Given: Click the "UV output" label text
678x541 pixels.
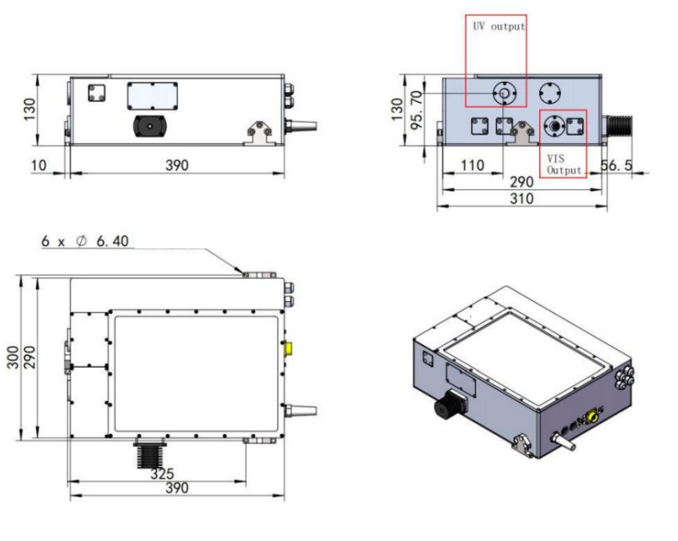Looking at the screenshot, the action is pyautogui.click(x=499, y=27).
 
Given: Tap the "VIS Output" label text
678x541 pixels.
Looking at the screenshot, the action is pyautogui.click(x=564, y=164).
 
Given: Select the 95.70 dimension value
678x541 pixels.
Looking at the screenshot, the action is pyautogui.click(x=416, y=110).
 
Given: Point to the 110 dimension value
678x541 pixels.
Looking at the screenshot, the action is pyautogui.click(x=472, y=165).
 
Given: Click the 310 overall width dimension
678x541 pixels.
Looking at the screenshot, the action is pyautogui.click(x=522, y=198).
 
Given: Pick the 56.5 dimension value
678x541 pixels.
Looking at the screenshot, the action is pyautogui.click(x=617, y=165).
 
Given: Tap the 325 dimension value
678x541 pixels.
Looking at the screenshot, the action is pyautogui.click(x=162, y=474).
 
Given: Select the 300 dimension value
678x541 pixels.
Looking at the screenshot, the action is pyautogui.click(x=13, y=357).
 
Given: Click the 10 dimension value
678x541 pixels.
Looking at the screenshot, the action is pyautogui.click(x=39, y=165).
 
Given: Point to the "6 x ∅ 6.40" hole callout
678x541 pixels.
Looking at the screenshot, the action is pyautogui.click(x=85, y=241).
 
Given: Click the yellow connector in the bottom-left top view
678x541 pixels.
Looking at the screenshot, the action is pyautogui.click(x=288, y=348).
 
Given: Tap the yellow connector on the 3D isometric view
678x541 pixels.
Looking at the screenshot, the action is pyautogui.click(x=592, y=417).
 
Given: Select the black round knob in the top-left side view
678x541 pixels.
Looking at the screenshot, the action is pyautogui.click(x=149, y=126).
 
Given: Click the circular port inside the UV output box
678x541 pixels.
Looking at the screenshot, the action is pyautogui.click(x=504, y=92).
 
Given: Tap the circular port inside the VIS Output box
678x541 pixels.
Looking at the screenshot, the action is pyautogui.click(x=554, y=126).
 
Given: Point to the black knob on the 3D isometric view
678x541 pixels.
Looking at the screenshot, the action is pyautogui.click(x=449, y=405).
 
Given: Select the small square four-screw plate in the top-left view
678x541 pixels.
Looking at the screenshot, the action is pyautogui.click(x=97, y=93).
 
